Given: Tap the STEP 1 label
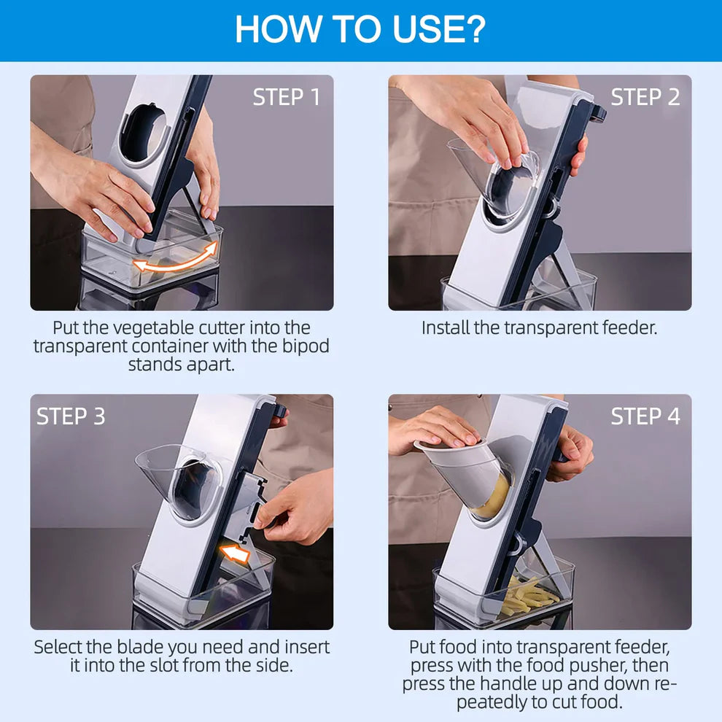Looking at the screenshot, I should click(286, 97).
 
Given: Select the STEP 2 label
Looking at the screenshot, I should click(645, 97).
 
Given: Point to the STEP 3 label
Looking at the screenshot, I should click(71, 416).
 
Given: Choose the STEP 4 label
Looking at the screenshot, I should click(645, 416).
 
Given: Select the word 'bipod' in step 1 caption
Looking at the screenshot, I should click(290, 346).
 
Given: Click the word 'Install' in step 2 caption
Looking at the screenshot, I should click(446, 327).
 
